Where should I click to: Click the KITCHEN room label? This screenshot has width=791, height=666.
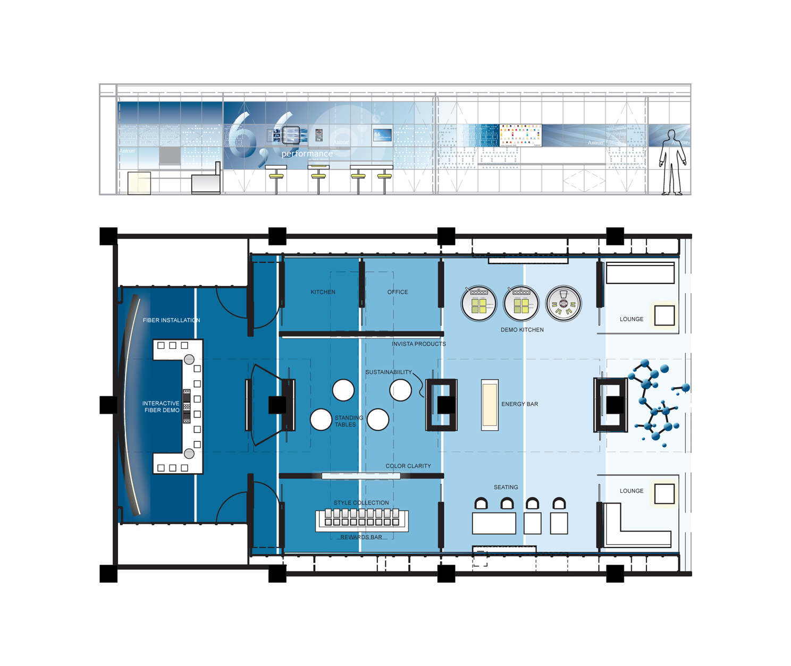click(323, 292)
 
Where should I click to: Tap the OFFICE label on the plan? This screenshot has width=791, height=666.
click(398, 292)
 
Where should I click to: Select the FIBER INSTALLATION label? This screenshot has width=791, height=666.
click(171, 320)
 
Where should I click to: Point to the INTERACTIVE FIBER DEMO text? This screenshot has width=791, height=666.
click(161, 407)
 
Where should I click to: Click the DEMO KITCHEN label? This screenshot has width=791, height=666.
click(522, 330)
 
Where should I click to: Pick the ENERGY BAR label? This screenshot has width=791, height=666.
click(519, 404)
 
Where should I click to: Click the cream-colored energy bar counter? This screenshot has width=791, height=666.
click(490, 405)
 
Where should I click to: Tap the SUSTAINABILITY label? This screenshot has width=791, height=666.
click(389, 372)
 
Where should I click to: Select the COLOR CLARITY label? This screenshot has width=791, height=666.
click(408, 466)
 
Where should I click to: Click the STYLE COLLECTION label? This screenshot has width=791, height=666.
click(361, 502)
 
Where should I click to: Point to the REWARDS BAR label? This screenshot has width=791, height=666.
click(361, 537)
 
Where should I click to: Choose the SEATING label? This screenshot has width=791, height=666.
click(506, 487)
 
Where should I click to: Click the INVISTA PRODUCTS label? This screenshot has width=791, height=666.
click(419, 344)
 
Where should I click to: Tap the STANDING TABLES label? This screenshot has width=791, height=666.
click(348, 421)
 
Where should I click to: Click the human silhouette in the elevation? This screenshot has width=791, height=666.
click(672, 162)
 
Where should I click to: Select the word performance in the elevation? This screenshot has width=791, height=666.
click(307, 154)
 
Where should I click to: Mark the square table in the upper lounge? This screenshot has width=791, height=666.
click(664, 315)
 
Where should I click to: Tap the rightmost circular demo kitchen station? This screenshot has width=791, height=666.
click(563, 304)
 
